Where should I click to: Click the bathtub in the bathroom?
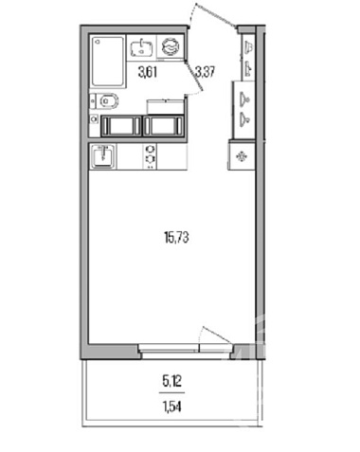click(x=108, y=61)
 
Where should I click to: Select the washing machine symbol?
click(x=171, y=46)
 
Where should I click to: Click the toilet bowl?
click(x=106, y=101)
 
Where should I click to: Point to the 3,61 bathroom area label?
click(x=148, y=73)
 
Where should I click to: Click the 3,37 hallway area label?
click(x=206, y=72)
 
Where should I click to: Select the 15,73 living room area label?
click(x=176, y=237)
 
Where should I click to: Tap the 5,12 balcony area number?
click(x=172, y=382)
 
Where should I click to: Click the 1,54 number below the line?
click(x=172, y=407)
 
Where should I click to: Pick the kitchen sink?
click(x=102, y=156)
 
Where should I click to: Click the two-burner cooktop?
click(x=151, y=157)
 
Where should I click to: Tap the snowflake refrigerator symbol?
click(x=242, y=156)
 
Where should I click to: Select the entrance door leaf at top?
click(x=215, y=15)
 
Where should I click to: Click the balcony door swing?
click(x=216, y=334)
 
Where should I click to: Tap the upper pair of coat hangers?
click(x=248, y=57)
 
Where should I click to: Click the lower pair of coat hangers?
click(x=245, y=108)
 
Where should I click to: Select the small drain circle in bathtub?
click(x=98, y=41)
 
